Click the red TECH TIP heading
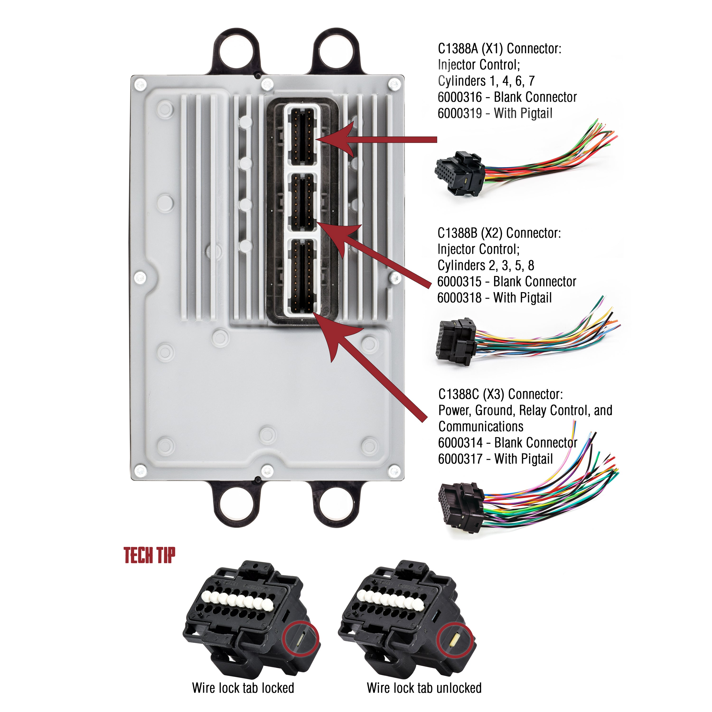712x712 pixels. [x=149, y=555]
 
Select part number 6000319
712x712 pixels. [x=459, y=113]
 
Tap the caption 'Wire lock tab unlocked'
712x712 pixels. [x=424, y=688]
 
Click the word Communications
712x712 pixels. [x=481, y=427]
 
